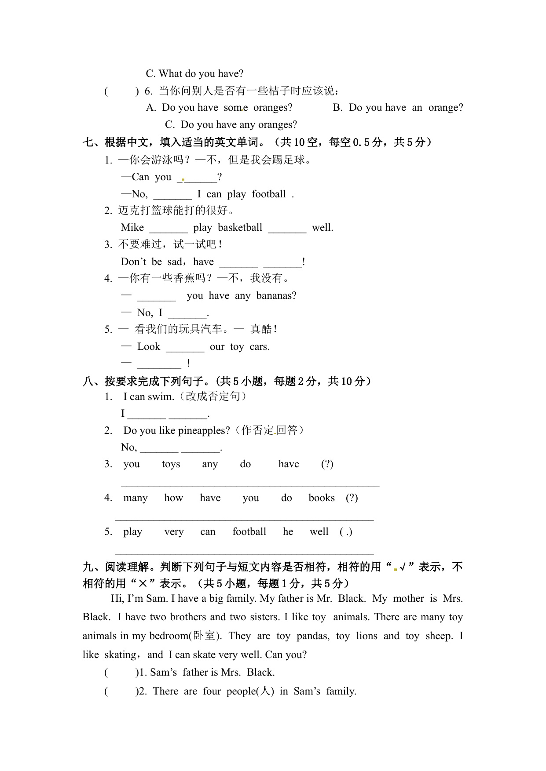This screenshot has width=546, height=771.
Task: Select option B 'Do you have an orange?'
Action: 398,107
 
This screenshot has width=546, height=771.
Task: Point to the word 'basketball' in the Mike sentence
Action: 240,227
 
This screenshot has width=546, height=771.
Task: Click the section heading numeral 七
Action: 88,142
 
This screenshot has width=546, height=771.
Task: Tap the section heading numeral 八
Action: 88,381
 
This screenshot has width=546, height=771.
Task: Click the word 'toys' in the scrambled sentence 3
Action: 171,464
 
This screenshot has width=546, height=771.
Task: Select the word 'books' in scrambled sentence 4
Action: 322,498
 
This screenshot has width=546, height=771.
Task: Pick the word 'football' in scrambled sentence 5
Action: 249,532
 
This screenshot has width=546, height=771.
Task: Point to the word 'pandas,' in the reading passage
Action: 313,636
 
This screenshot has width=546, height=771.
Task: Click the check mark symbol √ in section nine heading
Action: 402,567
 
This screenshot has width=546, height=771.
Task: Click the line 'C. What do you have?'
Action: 194,73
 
